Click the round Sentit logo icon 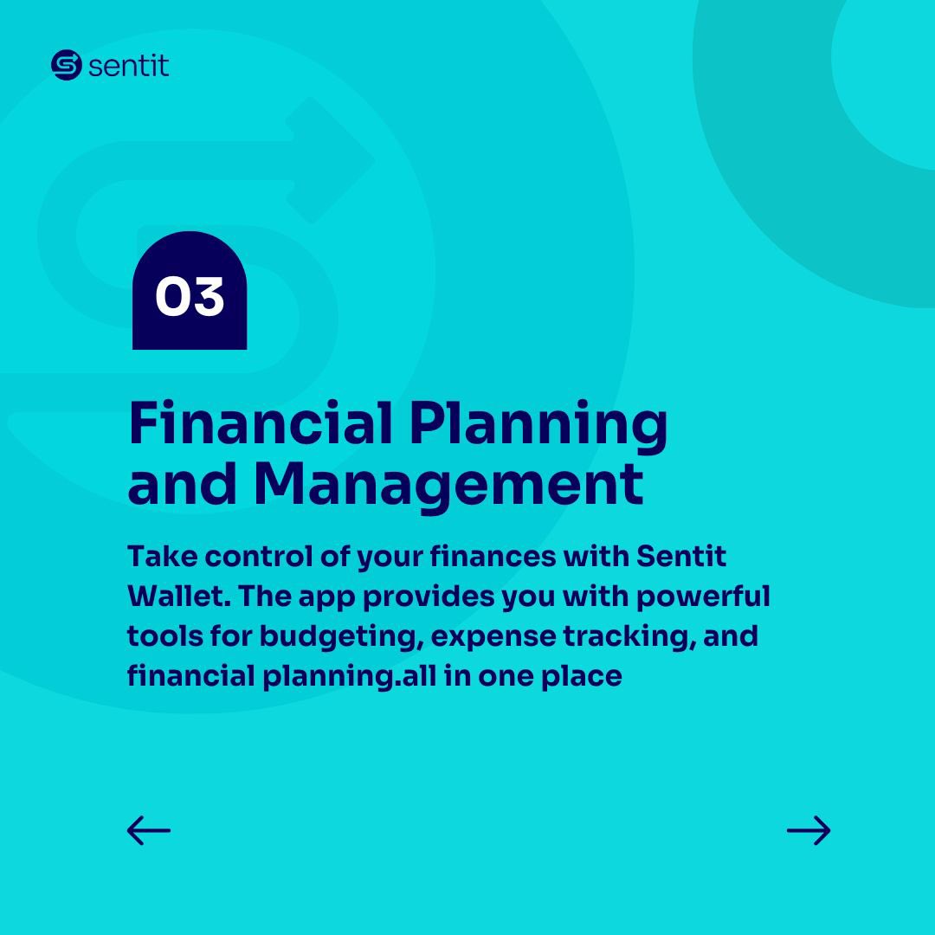click(66, 66)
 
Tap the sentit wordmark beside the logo click(128, 66)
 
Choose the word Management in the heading click(448, 487)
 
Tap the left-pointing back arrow click(149, 830)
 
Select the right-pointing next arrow click(809, 830)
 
